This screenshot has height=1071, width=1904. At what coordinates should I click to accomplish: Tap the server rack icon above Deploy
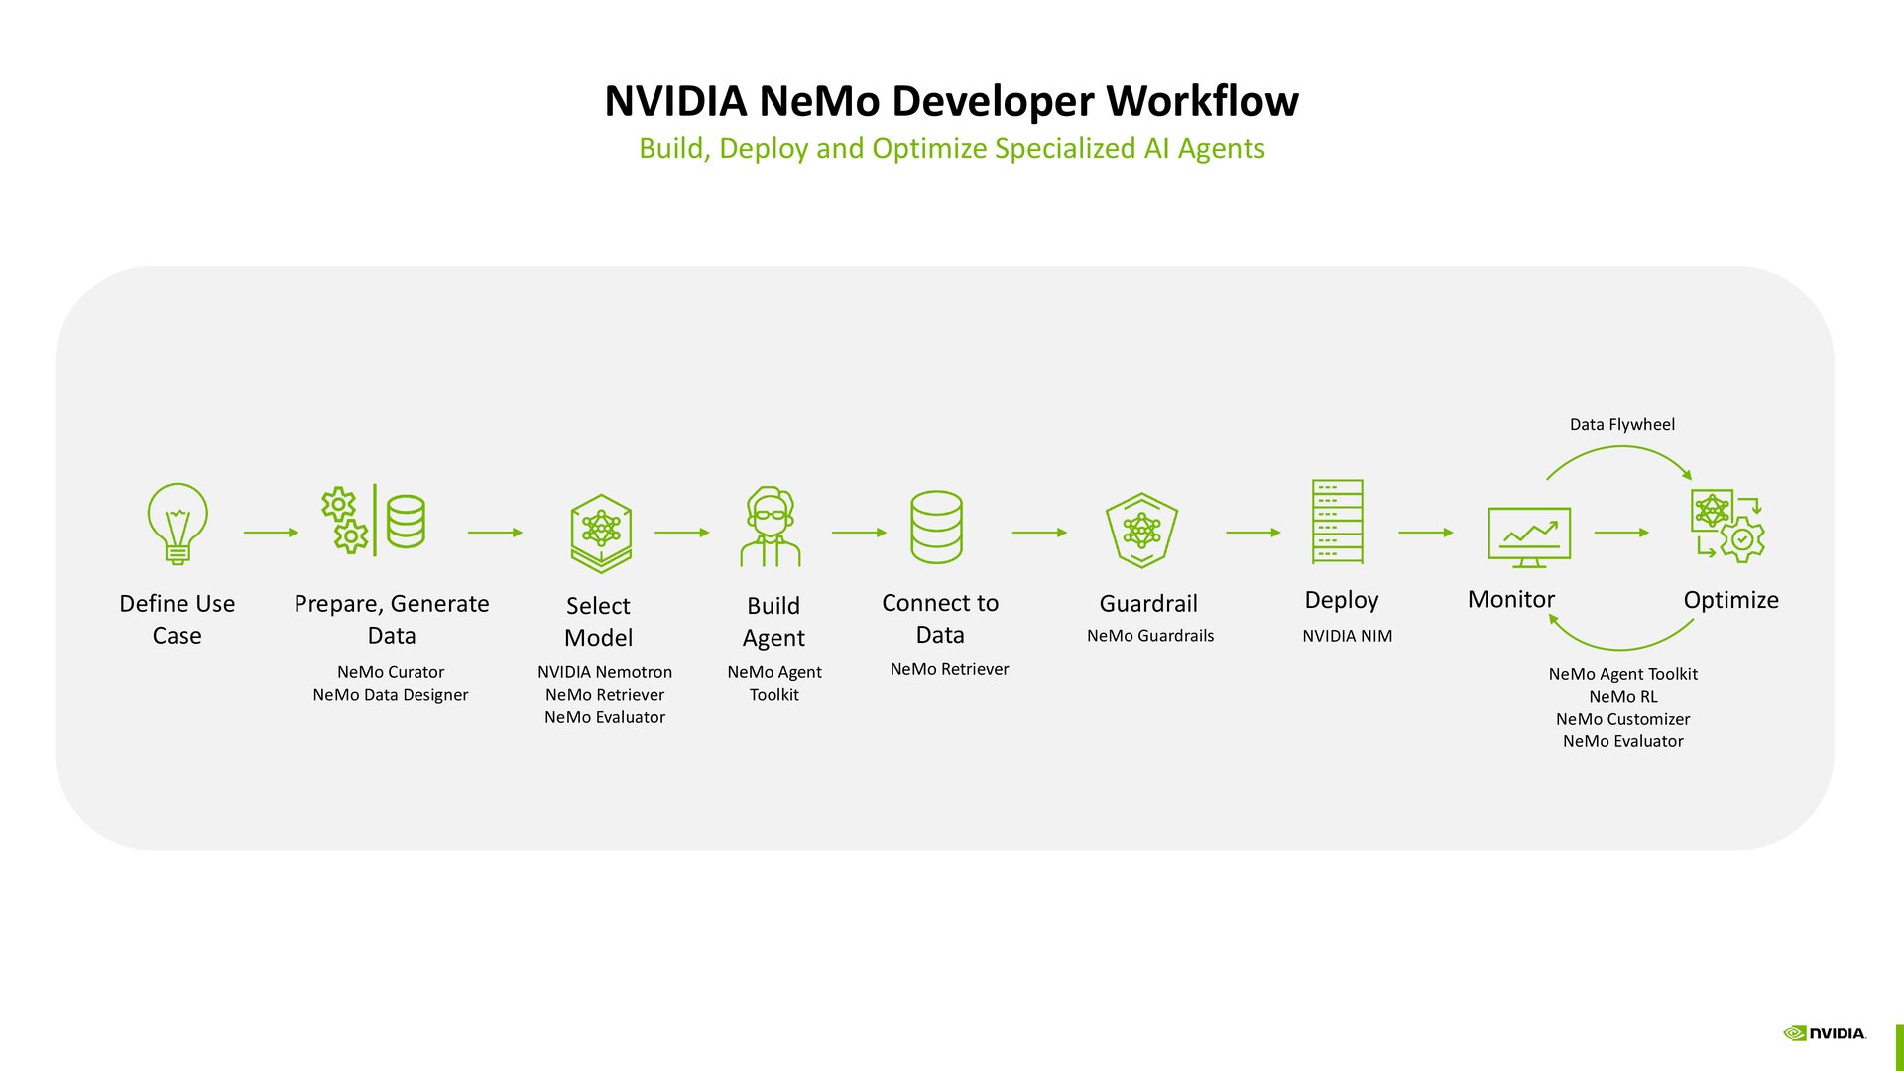coord(1337,522)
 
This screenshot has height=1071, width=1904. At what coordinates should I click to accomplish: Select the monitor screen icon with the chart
coord(1528,536)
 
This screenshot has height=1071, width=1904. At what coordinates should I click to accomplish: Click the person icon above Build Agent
coord(771,527)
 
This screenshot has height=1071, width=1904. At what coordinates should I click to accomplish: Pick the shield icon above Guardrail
coord(1141,530)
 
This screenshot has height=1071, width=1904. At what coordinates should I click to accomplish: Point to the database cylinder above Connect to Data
coord(936,527)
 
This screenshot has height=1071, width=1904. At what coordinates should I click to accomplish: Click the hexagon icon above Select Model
coord(601,533)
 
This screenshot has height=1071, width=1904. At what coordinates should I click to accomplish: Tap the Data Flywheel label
coord(1621,424)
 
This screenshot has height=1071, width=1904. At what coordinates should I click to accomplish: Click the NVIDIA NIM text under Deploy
coord(1347,636)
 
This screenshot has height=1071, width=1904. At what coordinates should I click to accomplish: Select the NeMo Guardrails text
coord(1149,636)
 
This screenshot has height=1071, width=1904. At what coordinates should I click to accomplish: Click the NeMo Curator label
coord(390,672)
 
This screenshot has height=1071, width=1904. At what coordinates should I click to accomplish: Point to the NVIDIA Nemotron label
coord(604,672)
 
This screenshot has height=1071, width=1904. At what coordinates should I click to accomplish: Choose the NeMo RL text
coord(1622,697)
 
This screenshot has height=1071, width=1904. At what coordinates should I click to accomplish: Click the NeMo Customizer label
coord(1622,719)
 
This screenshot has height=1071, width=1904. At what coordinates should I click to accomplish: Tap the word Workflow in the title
coord(1202,101)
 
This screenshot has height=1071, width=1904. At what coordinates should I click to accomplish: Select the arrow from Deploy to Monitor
coord(1425,533)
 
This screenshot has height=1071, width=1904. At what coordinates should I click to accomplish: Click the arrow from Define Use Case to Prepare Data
coord(271,533)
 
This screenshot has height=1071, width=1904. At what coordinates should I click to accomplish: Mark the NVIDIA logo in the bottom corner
coord(1824,1033)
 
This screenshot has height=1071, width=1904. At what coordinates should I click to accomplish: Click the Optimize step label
coord(1730,600)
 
